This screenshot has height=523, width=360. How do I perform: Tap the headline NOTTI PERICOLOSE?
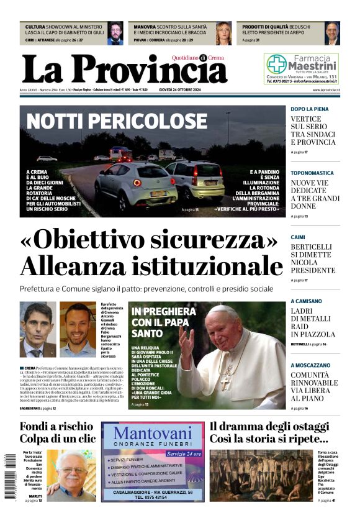point(117,120)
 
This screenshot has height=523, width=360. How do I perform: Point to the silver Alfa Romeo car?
point(127,185)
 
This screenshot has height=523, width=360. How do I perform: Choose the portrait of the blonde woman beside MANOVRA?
point(223,34)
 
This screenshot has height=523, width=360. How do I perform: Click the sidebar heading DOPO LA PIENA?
point(310,109)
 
